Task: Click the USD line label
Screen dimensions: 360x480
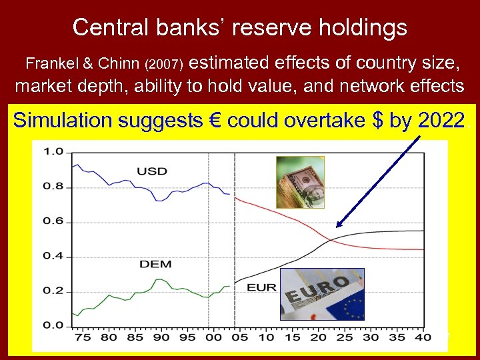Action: tap(151, 171)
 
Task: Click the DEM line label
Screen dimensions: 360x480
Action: tap(155, 264)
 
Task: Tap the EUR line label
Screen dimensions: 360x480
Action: tap(261, 288)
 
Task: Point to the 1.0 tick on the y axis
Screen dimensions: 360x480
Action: tap(53, 152)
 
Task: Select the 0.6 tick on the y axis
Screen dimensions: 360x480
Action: tap(53, 221)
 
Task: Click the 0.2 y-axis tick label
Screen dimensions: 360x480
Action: tap(53, 291)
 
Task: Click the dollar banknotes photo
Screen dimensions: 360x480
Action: tap(300, 182)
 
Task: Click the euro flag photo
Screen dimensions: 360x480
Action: tap(322, 294)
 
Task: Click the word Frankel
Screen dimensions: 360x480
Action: tap(52, 64)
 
